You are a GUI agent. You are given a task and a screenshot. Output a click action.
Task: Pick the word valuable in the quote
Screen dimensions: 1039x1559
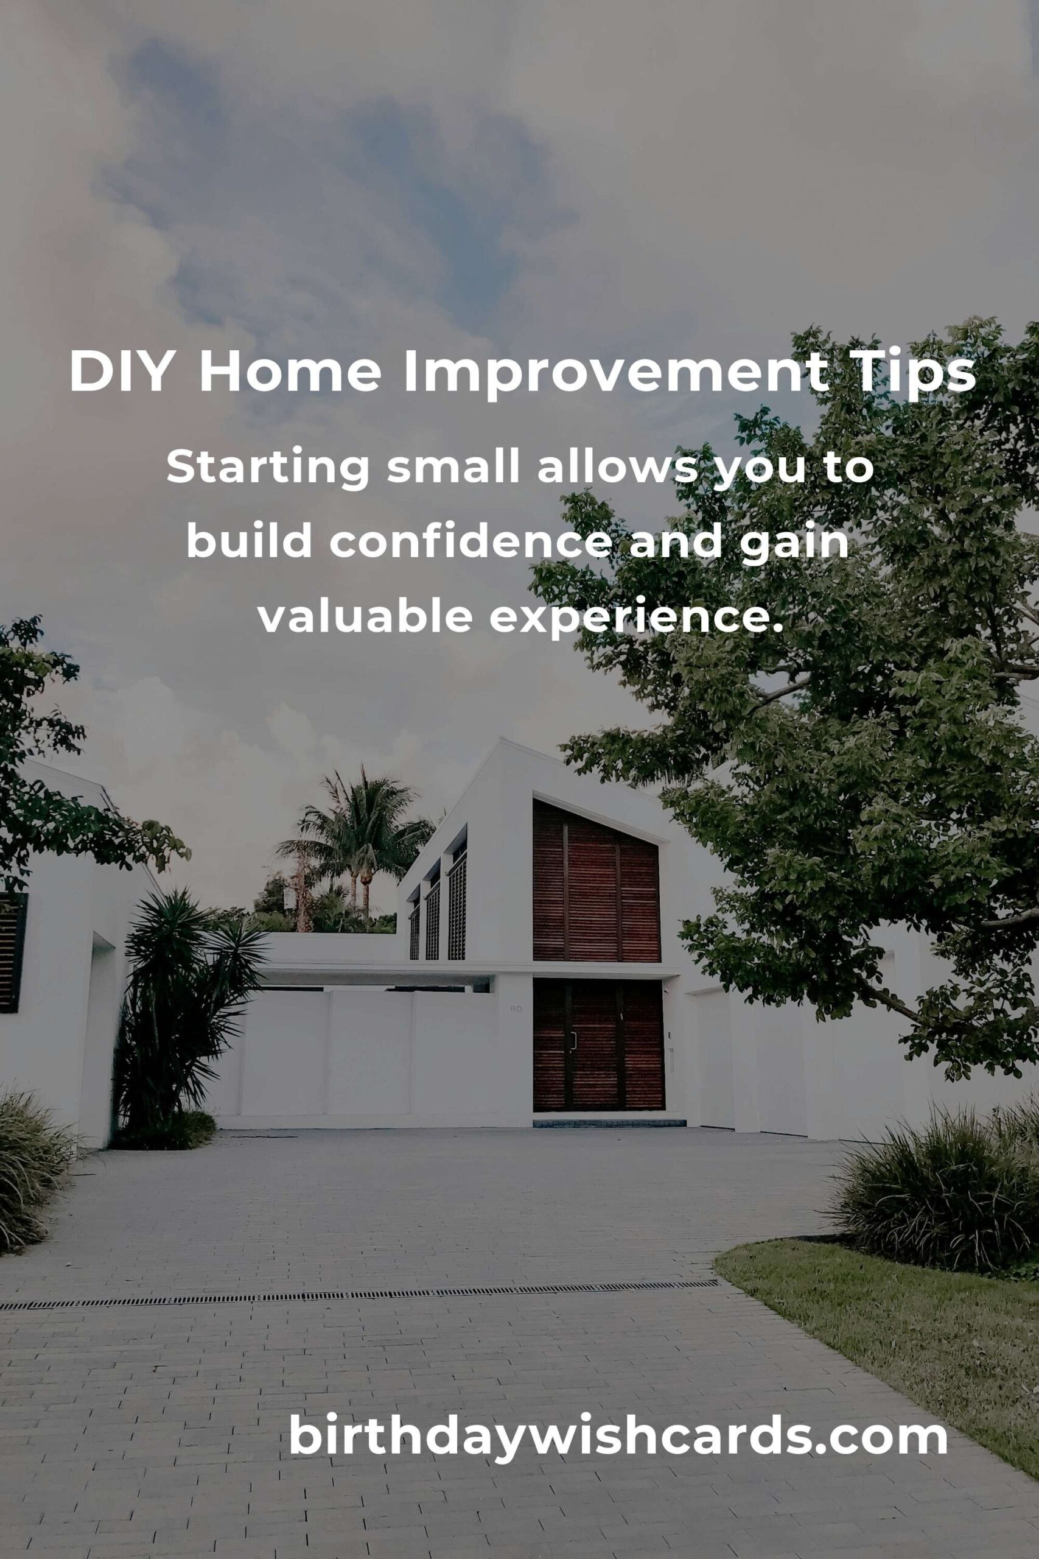point(365,616)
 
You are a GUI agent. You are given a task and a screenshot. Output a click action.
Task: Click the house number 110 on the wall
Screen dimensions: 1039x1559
point(516,1009)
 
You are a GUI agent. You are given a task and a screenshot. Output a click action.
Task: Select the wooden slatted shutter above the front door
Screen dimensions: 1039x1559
point(596,879)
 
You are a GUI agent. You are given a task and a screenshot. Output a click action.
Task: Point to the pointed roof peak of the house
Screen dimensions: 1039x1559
point(502,739)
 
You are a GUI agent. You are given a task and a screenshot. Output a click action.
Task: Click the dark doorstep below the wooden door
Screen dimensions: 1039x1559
point(609,1124)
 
